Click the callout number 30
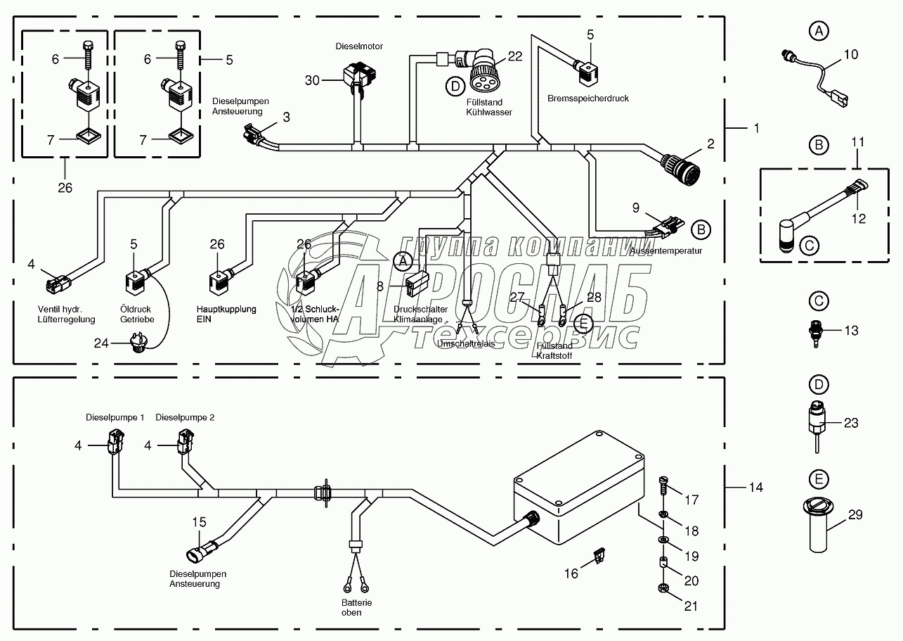pyautogui.click(x=313, y=81)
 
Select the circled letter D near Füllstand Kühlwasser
pyautogui.click(x=456, y=87)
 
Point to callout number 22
pyautogui.click(x=515, y=57)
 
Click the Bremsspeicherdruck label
pyautogui.click(x=587, y=99)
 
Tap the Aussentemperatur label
pyautogui.click(x=665, y=250)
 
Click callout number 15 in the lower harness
pyautogui.click(x=200, y=522)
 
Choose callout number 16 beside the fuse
pyautogui.click(x=572, y=574)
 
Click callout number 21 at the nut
pyautogui.click(x=691, y=606)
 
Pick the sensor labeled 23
pyautogui.click(x=818, y=423)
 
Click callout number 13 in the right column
pyautogui.click(x=850, y=331)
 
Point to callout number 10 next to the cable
pyautogui.click(x=850, y=53)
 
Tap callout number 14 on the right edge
pyautogui.click(x=755, y=488)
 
